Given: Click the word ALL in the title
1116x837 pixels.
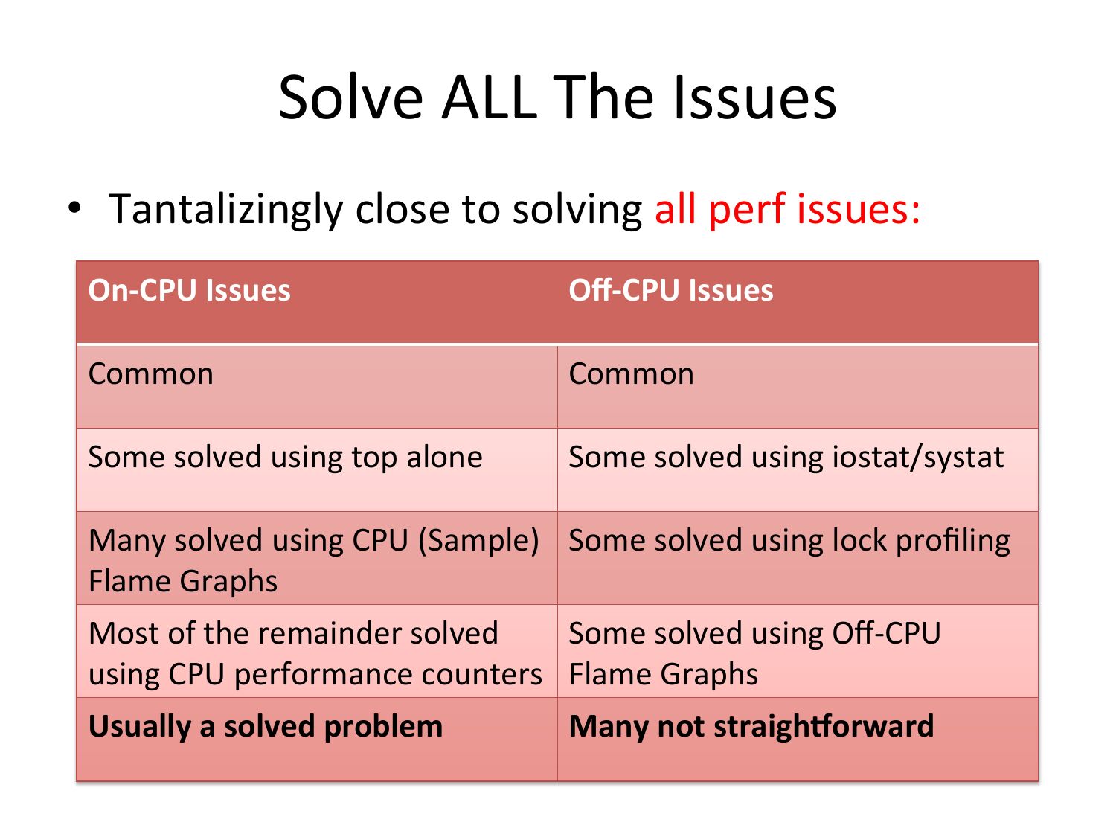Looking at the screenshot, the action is coord(489,97).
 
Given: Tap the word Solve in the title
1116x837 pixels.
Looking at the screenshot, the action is coord(351,97).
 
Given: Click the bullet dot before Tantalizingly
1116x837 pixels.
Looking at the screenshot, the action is coord(74,208).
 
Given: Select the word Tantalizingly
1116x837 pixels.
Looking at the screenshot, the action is coord(225,209).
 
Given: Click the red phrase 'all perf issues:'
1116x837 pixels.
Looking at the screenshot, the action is coord(787,209).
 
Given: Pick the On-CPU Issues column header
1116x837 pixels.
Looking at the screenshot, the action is coord(189,290).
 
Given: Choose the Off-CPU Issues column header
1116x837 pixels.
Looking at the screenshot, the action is coord(670,290).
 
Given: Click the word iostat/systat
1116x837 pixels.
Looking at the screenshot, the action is coord(917,458).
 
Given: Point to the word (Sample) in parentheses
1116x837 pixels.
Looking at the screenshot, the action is coord(478,540).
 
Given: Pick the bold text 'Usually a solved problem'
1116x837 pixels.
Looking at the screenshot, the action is coord(266,727).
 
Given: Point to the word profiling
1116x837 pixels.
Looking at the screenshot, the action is coord(952,541).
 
